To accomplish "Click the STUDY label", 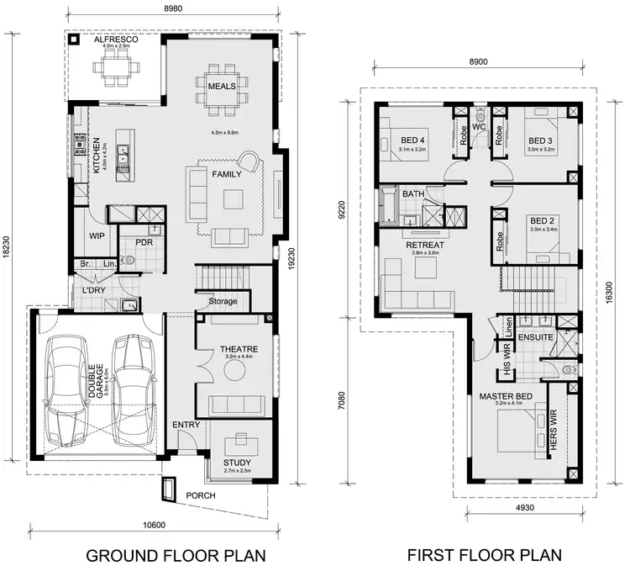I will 237,463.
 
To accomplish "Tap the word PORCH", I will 202,496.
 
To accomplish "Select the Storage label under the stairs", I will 223,301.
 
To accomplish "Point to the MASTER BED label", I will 502,396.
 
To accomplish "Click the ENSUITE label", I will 535,337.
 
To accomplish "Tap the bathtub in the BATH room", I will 389,207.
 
